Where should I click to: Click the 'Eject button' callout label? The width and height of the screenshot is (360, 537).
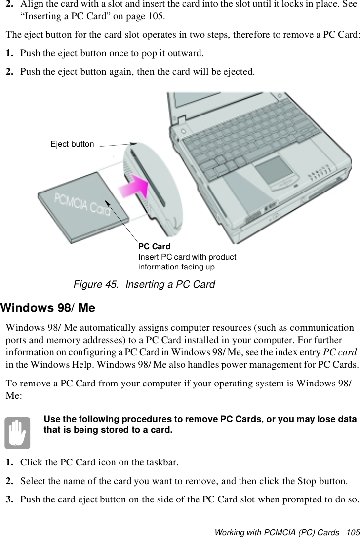(72, 144)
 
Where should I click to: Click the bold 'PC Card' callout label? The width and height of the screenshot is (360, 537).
(154, 246)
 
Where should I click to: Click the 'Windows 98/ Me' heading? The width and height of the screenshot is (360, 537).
(48, 308)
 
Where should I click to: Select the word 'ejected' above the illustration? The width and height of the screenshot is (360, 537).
(240, 72)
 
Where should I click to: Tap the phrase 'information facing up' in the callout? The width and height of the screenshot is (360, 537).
(176, 267)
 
